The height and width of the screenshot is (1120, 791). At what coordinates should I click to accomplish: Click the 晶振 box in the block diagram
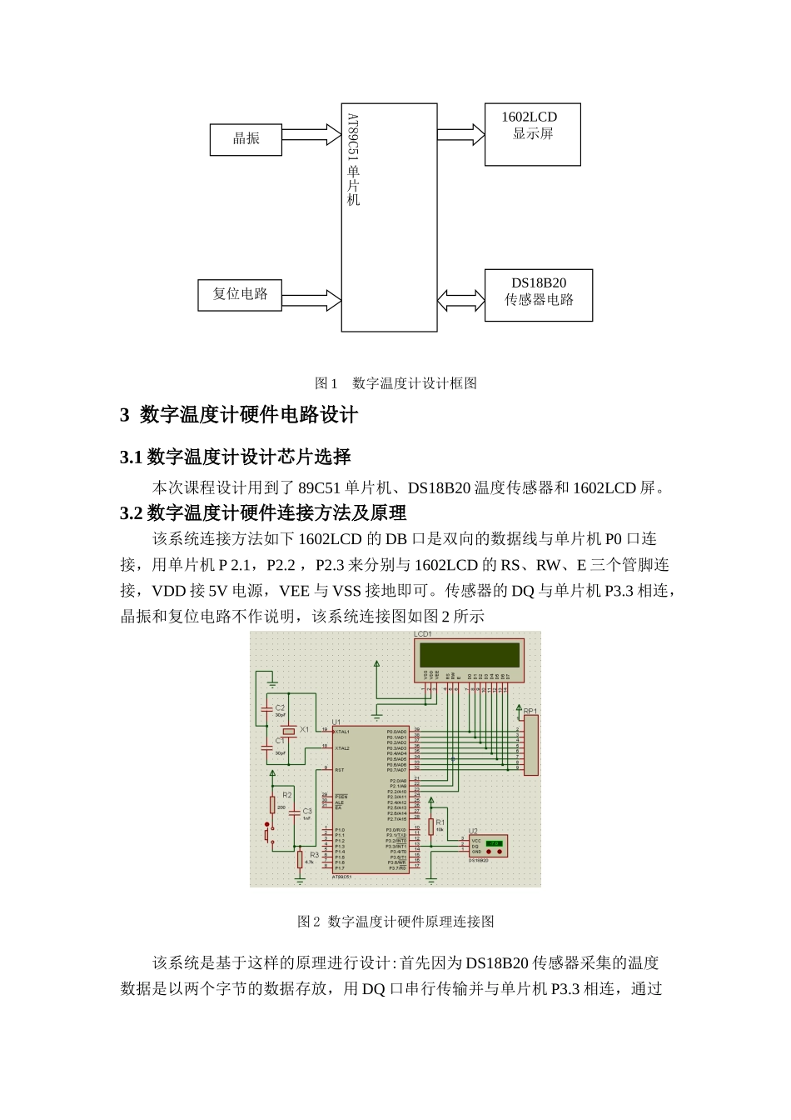click(x=246, y=139)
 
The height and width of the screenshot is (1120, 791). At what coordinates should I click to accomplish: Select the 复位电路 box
click(x=240, y=295)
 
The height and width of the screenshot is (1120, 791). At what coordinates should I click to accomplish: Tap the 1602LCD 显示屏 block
click(x=532, y=134)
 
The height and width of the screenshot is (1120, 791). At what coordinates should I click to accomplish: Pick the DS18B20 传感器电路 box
click(x=539, y=295)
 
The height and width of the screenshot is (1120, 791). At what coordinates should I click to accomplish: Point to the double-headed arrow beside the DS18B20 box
click(x=460, y=300)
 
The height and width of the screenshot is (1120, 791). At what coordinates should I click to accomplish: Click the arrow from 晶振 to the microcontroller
click(x=311, y=136)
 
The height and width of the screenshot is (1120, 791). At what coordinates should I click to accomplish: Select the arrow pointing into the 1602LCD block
click(x=460, y=134)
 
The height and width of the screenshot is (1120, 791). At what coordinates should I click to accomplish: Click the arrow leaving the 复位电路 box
click(x=311, y=300)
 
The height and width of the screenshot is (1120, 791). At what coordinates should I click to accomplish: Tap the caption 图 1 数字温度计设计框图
click(x=395, y=383)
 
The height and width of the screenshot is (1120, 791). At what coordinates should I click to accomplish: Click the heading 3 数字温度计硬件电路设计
click(x=239, y=415)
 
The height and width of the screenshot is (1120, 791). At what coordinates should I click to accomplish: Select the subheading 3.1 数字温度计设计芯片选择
click(x=236, y=457)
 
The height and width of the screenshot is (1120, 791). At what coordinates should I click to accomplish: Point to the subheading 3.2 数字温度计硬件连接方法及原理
click(x=263, y=513)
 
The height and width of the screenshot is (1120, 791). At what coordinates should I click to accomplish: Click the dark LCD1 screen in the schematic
click(x=470, y=654)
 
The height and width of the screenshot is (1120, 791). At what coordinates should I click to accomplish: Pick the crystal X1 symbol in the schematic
click(x=288, y=731)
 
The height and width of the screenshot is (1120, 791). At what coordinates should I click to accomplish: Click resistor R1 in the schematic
click(x=431, y=826)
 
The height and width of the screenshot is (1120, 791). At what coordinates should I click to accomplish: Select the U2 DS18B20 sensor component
click(x=487, y=846)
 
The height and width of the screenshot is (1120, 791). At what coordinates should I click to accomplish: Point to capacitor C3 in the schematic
click(x=294, y=812)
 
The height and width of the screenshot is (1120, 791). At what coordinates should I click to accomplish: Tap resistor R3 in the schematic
click(x=300, y=858)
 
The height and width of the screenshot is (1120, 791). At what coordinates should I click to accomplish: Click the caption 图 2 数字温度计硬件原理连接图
click(x=395, y=922)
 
